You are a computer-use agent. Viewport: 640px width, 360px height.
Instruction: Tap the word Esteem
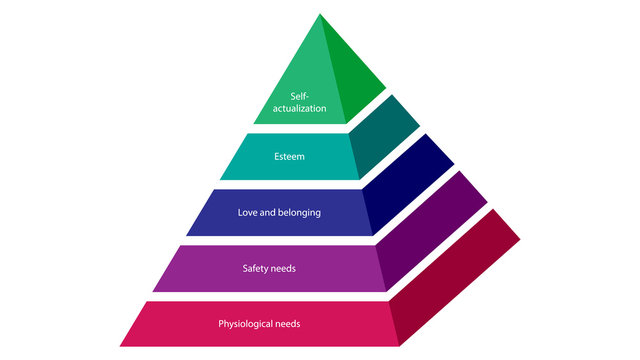288,156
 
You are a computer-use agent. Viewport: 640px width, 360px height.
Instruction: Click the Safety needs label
269,268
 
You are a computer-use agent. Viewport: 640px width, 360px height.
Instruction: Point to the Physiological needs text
259,324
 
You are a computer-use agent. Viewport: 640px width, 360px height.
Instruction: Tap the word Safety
257,268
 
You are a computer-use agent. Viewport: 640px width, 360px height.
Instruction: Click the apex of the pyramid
321,14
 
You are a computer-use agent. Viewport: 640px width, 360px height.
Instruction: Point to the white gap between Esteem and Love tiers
290,184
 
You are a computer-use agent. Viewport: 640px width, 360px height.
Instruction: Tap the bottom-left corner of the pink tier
122,344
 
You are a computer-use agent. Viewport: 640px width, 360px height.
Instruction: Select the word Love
247,212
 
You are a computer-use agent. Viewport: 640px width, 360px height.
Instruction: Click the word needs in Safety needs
283,268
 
